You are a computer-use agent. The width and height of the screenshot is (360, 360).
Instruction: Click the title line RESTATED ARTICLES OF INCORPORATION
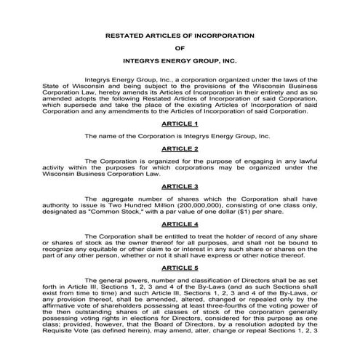180,35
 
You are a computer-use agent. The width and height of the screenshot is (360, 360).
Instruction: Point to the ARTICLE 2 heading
180,148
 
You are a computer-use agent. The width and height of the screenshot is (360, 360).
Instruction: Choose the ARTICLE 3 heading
180,186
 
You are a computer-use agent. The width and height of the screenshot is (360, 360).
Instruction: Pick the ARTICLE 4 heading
180,225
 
